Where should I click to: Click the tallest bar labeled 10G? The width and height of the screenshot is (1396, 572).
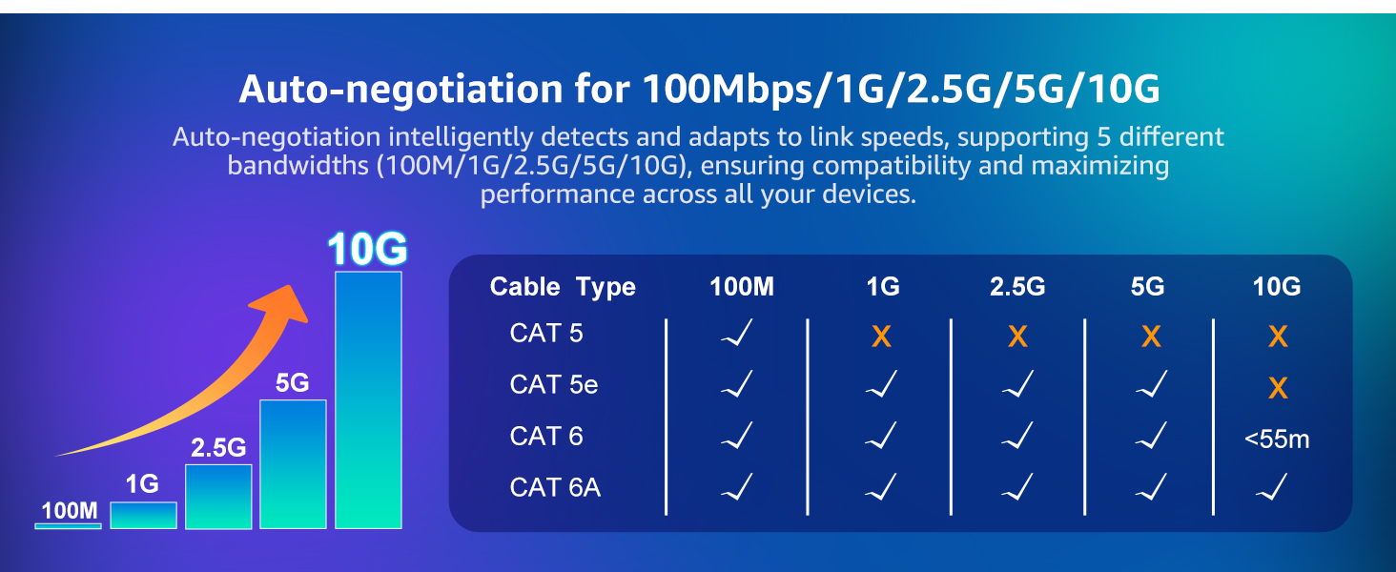pos(368,400)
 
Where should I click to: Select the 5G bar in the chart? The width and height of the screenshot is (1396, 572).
pos(293,464)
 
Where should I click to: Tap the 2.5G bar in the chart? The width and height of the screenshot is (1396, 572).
pos(218,497)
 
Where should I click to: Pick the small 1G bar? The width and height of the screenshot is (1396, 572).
pos(143,516)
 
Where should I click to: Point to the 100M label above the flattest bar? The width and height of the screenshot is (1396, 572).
pos(70,511)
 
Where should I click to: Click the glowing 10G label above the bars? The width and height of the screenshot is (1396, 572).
pos(368,249)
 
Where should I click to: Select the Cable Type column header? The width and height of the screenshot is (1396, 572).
pos(563,287)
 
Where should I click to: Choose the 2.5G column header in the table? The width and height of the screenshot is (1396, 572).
pos(1017,287)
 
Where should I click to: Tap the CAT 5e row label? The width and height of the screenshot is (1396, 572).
pos(553,384)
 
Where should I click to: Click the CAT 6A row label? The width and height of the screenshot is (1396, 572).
pos(555,487)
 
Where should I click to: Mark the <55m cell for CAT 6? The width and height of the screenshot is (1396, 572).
pos(1277,439)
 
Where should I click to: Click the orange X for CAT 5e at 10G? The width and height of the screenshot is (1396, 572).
pos(1278,388)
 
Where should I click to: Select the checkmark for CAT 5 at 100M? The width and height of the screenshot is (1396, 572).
pos(737,332)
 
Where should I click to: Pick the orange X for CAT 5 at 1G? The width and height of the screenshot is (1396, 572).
pos(881,337)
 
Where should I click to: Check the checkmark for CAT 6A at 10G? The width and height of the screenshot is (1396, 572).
pos(1271,486)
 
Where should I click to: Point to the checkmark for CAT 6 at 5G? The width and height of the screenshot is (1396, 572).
pos(1151,435)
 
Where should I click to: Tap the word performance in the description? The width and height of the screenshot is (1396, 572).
pos(557,195)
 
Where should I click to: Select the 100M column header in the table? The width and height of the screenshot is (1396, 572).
pos(742,287)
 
